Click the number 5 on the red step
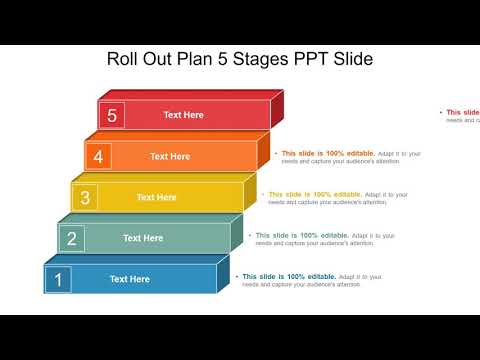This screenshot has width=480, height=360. [x=112, y=115]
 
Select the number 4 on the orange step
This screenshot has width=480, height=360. [x=98, y=156]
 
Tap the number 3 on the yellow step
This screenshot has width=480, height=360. [x=85, y=197]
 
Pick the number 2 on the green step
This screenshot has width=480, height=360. [x=71, y=238]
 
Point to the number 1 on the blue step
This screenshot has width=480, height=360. [x=58, y=279]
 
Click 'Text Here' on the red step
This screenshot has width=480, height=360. [x=183, y=115]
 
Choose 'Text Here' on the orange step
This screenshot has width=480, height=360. [x=170, y=156]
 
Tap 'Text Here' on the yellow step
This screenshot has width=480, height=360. [x=156, y=197]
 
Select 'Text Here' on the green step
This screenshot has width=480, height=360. [x=143, y=238]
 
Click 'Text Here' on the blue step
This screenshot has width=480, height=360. [x=129, y=279]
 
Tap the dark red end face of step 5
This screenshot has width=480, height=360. [x=277, y=109]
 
